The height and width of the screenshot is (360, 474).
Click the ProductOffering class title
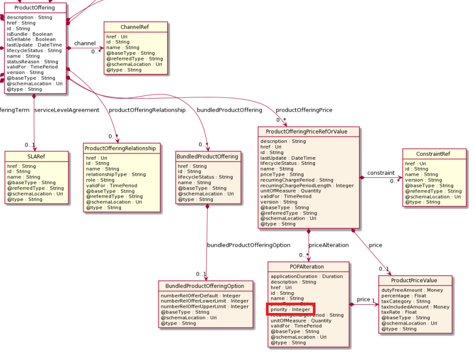35,7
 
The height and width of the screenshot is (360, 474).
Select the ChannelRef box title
136,27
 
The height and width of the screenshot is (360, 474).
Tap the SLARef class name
37,156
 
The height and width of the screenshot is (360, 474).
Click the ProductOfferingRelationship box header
121,148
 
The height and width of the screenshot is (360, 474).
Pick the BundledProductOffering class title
208,156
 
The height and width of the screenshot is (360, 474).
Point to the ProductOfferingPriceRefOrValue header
308,131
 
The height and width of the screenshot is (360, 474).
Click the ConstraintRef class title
434,153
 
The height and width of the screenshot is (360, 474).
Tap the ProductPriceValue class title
415,280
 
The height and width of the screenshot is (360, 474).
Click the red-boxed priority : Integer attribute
290,309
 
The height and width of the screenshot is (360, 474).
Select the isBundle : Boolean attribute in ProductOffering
30,34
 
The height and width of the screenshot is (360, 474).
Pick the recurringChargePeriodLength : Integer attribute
307,185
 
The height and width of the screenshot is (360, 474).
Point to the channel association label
85,43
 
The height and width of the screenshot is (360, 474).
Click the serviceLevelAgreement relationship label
66,110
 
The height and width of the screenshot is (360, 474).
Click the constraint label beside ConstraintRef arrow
381,173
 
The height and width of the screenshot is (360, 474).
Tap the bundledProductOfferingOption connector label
249,245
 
